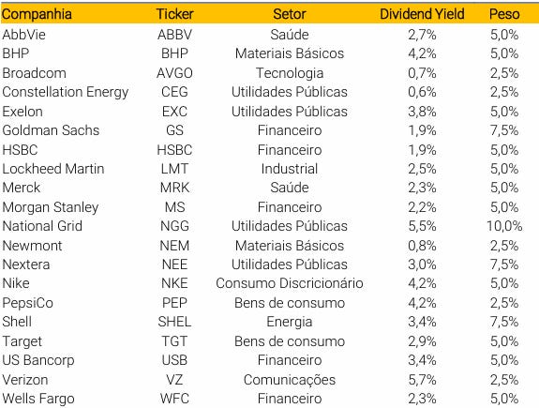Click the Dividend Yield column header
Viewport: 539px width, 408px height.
point(422,14)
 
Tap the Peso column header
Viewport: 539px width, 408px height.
point(504,14)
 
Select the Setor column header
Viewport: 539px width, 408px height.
point(290,14)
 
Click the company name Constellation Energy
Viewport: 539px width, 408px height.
point(66,92)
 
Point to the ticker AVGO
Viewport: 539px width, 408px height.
point(174,73)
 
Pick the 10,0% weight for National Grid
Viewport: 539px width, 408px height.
point(504,226)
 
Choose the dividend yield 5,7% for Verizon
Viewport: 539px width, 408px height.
point(422,380)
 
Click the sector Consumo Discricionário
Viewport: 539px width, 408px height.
point(290,283)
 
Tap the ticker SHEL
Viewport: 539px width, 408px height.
point(174,322)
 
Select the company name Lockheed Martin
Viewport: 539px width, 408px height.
point(53,169)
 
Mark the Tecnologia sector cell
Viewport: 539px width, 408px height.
point(290,73)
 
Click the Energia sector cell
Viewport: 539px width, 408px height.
point(290,322)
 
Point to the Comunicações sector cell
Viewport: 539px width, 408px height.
point(290,380)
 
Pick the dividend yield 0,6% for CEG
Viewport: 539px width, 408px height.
point(422,92)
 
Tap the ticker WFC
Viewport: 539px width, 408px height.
point(174,399)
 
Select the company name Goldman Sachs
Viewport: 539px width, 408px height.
point(51,130)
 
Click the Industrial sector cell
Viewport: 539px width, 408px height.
point(290,169)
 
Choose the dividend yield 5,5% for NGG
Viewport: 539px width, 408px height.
point(422,226)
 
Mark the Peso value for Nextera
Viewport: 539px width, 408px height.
point(504,264)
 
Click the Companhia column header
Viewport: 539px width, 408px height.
point(37,14)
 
